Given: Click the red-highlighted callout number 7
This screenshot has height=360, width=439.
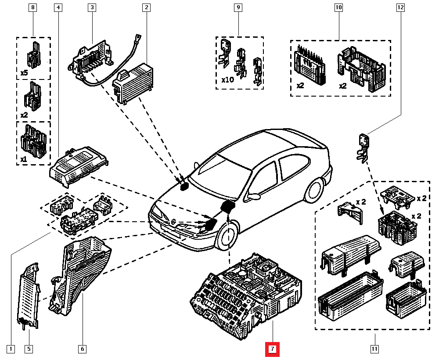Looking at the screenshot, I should (x=272, y=349).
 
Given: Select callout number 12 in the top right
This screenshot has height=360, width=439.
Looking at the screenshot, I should (x=400, y=7).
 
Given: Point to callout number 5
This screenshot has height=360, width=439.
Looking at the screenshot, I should (x=29, y=349).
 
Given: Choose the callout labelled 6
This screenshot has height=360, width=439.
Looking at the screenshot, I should (x=82, y=349).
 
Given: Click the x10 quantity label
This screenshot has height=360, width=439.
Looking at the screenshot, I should (x=227, y=80).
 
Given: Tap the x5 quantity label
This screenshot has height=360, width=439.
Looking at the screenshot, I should (x=25, y=73).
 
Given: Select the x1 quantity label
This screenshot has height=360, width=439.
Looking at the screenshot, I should (x=24, y=159).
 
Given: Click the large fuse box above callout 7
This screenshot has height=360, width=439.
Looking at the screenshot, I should (x=246, y=294).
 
